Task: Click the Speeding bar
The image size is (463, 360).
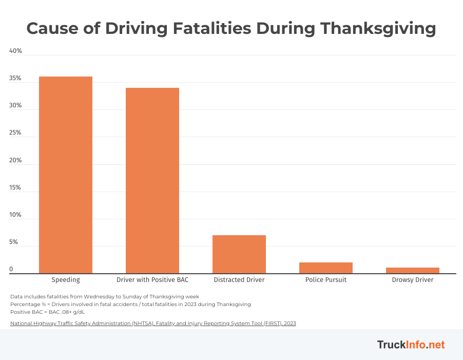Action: (x=66, y=175)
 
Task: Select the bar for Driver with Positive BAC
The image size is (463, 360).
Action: (x=152, y=180)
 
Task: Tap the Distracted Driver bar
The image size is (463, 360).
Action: (x=239, y=254)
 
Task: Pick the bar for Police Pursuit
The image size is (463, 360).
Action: (x=326, y=268)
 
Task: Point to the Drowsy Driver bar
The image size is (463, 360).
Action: (x=413, y=271)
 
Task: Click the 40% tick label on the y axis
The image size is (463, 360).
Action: (x=15, y=51)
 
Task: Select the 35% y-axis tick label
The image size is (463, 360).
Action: (x=15, y=79)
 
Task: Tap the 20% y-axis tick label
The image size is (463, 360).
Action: (x=15, y=160)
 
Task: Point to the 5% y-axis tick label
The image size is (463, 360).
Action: (x=14, y=242)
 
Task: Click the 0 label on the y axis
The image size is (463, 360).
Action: (x=11, y=269)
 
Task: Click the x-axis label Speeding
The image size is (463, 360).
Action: (x=66, y=280)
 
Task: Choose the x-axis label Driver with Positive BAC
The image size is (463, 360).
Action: (x=152, y=280)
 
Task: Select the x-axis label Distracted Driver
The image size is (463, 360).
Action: (x=239, y=280)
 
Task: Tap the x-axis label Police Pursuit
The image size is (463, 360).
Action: (x=326, y=280)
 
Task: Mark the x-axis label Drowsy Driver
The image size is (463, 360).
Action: (x=413, y=280)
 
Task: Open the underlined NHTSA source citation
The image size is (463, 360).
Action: (x=153, y=324)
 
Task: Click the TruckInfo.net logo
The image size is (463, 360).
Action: (x=411, y=345)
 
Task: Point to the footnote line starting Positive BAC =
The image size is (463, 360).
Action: (x=47, y=312)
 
